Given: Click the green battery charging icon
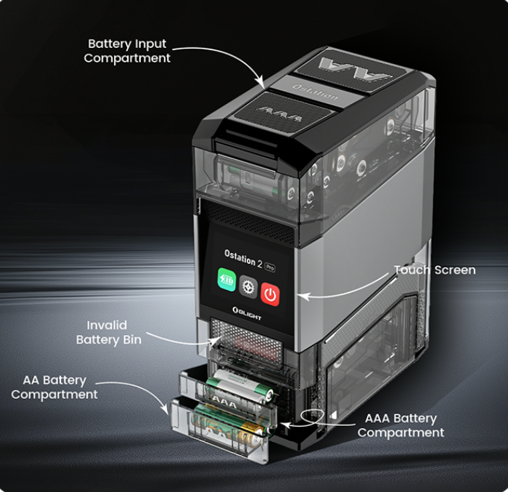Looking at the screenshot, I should (x=227, y=281).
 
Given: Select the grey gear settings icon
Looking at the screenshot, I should (x=248, y=288).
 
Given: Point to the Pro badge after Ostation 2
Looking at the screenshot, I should (x=270, y=267).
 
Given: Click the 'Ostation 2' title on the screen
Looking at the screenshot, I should (x=239, y=259).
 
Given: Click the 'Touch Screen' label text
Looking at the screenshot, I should (x=434, y=270).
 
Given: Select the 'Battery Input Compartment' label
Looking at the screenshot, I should (x=127, y=51).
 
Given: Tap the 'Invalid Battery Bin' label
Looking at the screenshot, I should (x=108, y=333).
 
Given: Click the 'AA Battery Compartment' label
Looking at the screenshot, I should (x=54, y=387).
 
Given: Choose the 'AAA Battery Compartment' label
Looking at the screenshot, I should (x=401, y=425).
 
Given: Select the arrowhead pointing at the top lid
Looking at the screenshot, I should (x=263, y=84).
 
